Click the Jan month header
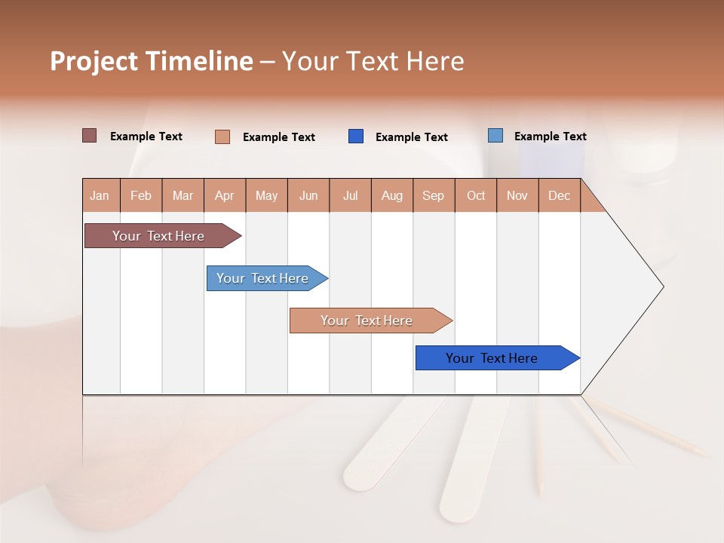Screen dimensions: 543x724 tap(100, 195)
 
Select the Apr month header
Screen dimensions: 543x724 tap(225, 195)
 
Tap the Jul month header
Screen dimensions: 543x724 tap(350, 195)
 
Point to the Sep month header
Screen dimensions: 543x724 tap(433, 195)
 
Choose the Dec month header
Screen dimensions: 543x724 tap(559, 195)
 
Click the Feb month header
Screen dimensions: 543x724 tap(141, 195)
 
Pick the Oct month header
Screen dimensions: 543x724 tap(476, 195)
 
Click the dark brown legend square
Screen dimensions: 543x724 tap(90, 136)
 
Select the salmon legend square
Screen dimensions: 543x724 tap(222, 137)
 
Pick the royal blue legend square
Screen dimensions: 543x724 tap(356, 137)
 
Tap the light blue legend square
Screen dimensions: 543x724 tap(495, 136)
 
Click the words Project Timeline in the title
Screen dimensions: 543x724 tap(151, 61)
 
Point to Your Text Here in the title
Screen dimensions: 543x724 tap(373, 61)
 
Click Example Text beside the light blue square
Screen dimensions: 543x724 tap(550, 136)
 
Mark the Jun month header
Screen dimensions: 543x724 tap(308, 195)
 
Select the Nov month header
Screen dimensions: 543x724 tap(517, 195)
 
